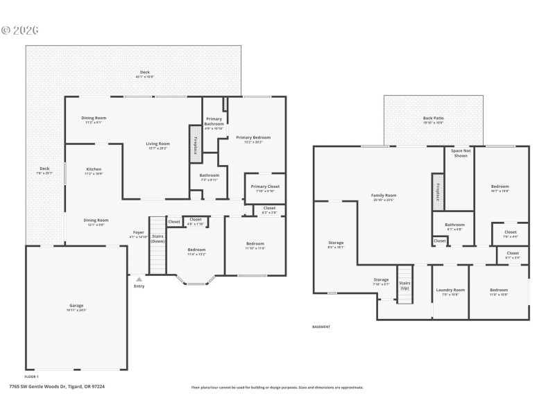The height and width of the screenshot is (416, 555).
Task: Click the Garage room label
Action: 76,306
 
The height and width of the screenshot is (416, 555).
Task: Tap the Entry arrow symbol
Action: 139,279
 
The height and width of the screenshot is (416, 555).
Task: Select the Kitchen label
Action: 94,171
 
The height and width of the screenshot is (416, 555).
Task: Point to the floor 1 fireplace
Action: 196,144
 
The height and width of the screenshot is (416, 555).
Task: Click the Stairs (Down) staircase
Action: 158,246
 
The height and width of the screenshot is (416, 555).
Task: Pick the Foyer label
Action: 139,234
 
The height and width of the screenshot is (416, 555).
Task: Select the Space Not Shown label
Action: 460,153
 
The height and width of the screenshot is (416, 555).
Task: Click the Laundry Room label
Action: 450,291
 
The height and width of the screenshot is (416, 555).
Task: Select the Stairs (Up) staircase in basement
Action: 405,284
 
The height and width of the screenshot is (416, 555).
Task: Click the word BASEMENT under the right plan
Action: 321,327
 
